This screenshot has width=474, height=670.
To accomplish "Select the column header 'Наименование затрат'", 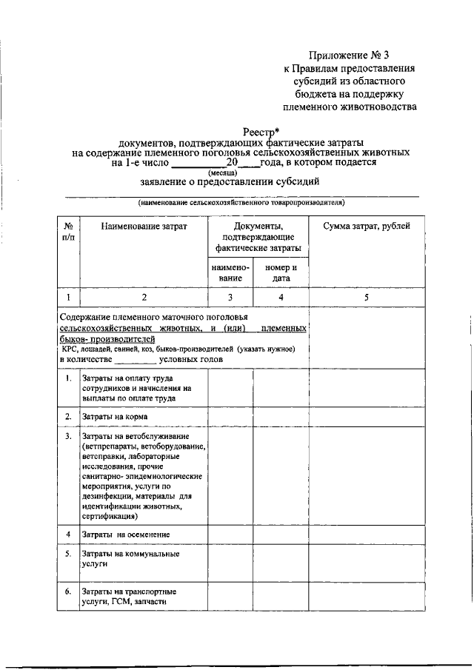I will click(144, 226).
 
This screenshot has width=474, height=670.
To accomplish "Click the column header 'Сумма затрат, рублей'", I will click(366, 226).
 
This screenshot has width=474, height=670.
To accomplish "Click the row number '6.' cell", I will click(67, 592).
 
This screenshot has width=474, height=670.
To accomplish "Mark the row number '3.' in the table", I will click(67, 438).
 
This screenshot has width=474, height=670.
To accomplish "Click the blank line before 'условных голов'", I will click(136, 360).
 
